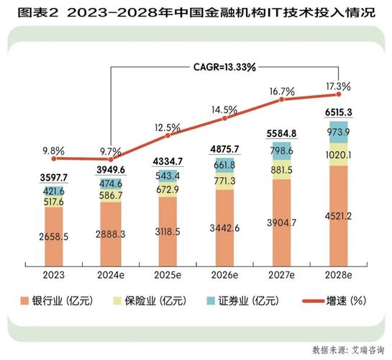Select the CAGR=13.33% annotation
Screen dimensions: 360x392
(x=222, y=68)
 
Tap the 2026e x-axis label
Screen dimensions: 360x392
(x=223, y=274)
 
